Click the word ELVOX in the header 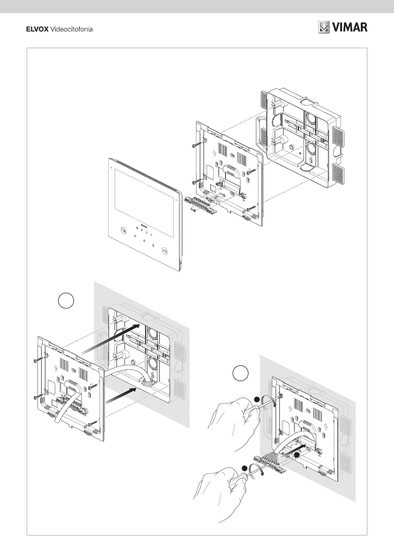click(36, 29)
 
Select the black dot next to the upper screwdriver click(256, 399)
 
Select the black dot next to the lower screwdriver click(245, 468)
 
